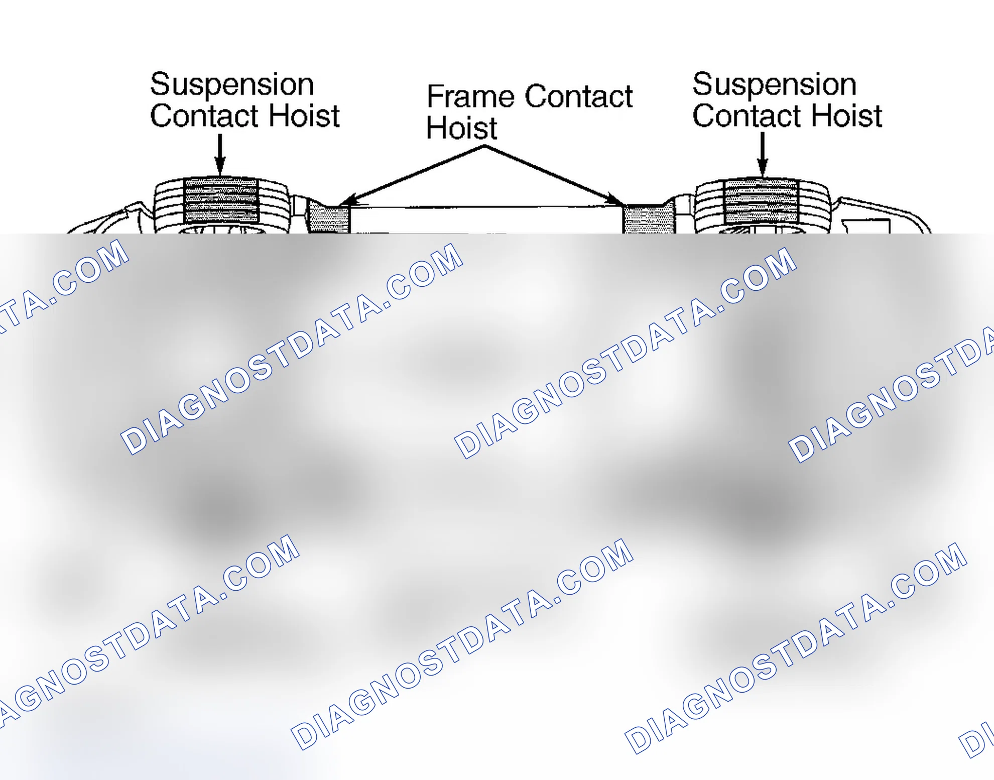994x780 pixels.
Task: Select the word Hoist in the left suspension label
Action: [x=304, y=116]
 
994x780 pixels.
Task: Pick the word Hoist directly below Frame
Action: [x=461, y=128]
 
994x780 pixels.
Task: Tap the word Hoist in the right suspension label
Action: [x=847, y=116]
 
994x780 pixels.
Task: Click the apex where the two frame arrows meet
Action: [x=484, y=146]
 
